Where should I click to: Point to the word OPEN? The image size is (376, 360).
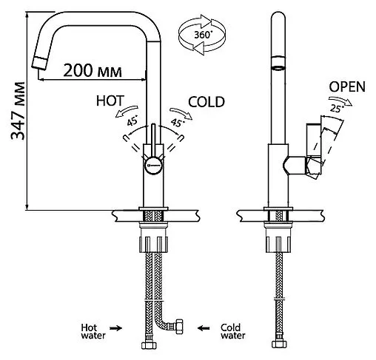pyautogui.click(x=346, y=86)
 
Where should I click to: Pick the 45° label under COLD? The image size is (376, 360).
pyautogui.click(x=177, y=123)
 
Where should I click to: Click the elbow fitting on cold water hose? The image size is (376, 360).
pyautogui.click(x=178, y=324)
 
